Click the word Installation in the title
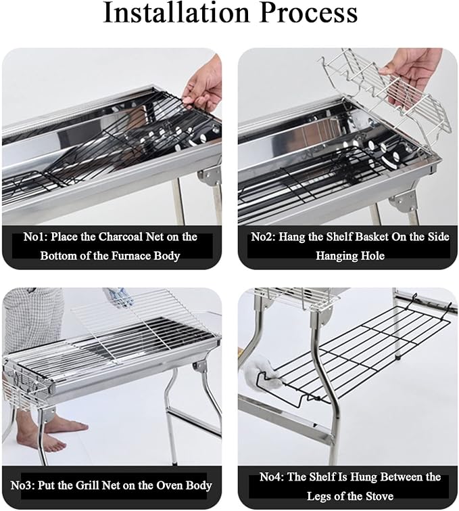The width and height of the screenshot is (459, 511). tap(176, 12)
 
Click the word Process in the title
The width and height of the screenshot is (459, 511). tap(309, 12)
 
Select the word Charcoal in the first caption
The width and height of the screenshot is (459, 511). tap(120, 237)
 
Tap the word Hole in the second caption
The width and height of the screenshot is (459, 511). tap(372, 256)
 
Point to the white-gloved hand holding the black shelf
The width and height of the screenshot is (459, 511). tap(261, 372)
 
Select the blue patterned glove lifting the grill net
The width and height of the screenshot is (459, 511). tap(119, 297)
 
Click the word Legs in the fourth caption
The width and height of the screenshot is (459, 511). tap(318, 496)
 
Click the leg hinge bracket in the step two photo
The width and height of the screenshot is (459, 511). tap(404, 200)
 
